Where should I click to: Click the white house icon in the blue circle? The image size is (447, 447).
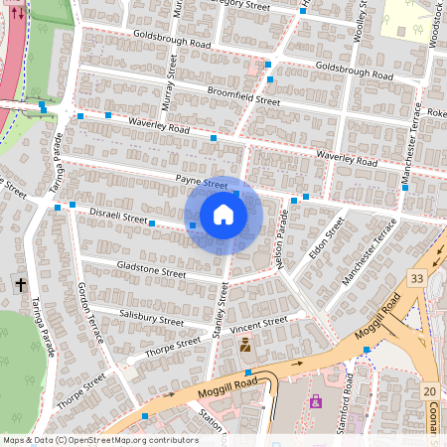(223, 215)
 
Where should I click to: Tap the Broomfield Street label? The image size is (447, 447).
(243, 95)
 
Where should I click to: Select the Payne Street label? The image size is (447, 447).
(202, 183)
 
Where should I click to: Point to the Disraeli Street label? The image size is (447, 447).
(118, 218)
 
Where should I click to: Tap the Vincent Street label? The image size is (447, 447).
(258, 324)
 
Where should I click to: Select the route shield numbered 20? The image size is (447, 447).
(429, 392)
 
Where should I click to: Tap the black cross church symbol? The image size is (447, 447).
(21, 285)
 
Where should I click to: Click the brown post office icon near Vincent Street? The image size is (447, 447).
(244, 346)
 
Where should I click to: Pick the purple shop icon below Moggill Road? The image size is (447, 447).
(316, 401)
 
